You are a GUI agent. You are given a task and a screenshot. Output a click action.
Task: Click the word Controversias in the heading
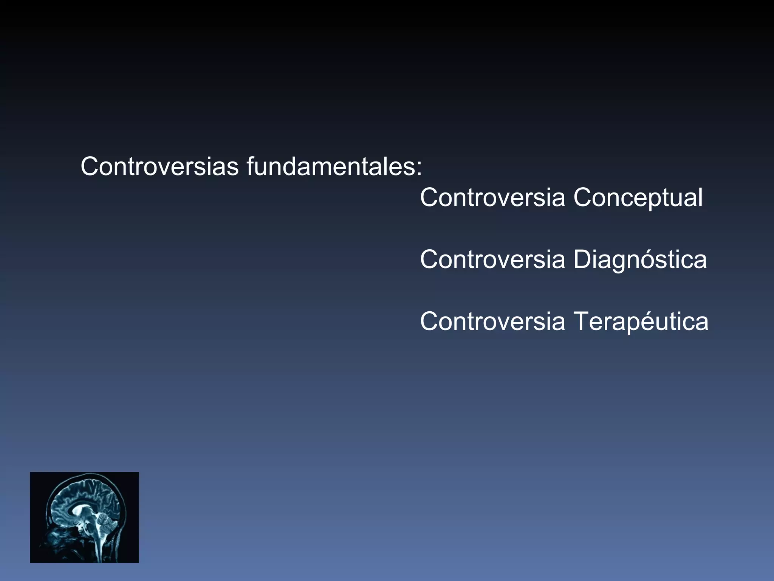click(x=159, y=166)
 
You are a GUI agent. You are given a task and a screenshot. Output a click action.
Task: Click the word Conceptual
click(x=638, y=197)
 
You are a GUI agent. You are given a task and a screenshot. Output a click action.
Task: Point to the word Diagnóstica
click(x=640, y=260)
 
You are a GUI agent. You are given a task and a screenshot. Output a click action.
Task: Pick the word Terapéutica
click(x=641, y=321)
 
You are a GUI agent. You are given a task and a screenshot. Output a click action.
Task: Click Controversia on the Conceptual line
click(x=492, y=197)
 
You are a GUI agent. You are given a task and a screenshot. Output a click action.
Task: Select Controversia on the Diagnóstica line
click(x=492, y=259)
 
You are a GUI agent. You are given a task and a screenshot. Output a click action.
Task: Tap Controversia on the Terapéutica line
click(x=492, y=321)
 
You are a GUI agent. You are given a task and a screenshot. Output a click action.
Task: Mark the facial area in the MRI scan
click(x=57, y=537)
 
